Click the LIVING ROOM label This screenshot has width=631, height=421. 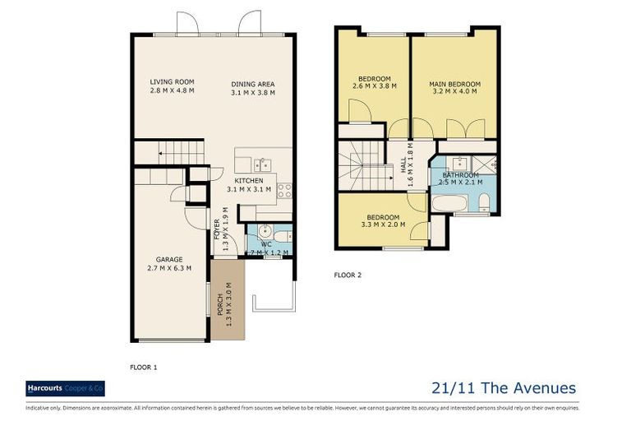[x=172, y=81]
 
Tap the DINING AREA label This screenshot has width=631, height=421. [x=252, y=84]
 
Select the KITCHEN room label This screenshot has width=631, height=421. [x=248, y=180]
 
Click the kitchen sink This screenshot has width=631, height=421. [x=263, y=164]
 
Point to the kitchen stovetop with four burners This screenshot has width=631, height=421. [x=284, y=190]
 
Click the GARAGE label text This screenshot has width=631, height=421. [x=169, y=259]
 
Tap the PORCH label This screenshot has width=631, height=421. [x=219, y=303]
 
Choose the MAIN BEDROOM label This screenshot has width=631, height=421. [x=454, y=84]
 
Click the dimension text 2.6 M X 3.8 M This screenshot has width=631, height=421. [x=374, y=86]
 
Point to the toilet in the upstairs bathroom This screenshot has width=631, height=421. [x=484, y=201]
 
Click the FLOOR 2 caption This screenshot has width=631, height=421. [x=348, y=275]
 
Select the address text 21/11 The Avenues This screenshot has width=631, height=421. [x=503, y=388]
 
